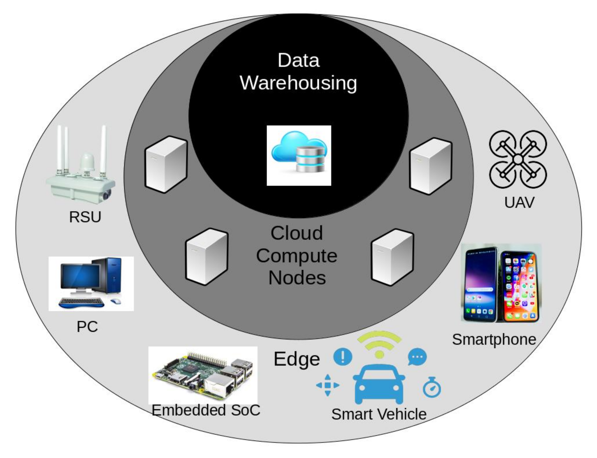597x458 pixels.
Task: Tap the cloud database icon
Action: (299, 155)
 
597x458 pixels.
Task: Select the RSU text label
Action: (85, 217)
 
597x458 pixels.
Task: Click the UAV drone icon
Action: (517, 160)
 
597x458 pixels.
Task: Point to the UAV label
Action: (519, 202)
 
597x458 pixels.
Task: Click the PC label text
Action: (87, 326)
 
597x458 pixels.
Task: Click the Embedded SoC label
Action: (206, 410)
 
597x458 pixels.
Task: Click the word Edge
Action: (297, 359)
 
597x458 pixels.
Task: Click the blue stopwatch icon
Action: (432, 388)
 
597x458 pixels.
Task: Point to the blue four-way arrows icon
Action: (328, 385)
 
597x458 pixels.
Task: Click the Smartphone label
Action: (494, 340)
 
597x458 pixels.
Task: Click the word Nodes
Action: (297, 278)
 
